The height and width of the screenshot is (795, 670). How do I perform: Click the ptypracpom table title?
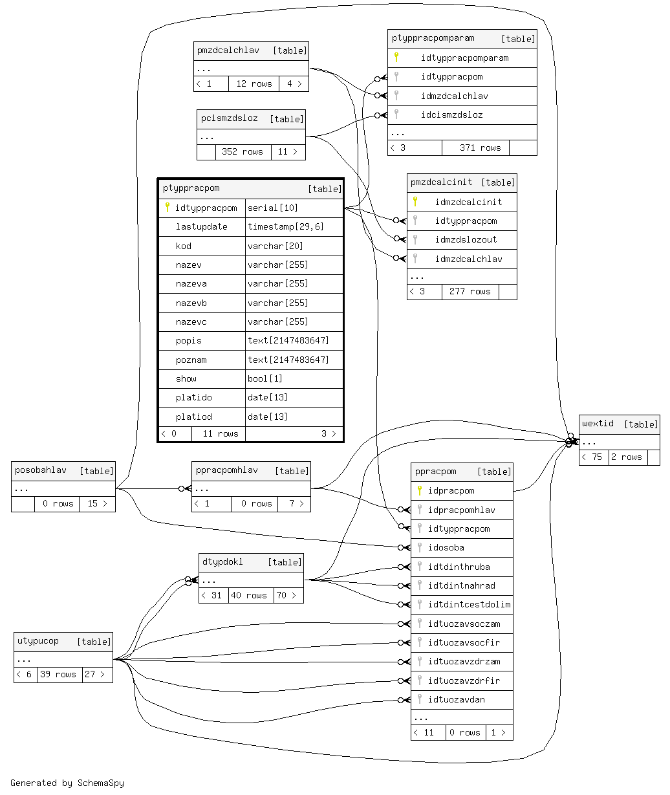click(191, 188)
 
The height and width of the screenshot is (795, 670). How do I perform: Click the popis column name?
click(189, 341)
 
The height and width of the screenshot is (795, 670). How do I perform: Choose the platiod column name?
click(194, 417)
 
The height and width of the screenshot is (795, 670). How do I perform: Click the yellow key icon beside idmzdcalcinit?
click(415, 202)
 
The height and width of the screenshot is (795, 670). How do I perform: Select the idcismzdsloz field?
click(451, 115)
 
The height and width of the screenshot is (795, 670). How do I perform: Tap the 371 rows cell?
click(480, 147)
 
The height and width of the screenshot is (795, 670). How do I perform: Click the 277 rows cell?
click(470, 292)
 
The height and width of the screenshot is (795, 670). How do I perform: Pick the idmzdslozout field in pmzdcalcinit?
click(466, 240)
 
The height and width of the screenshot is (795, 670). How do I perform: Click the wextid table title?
click(598, 424)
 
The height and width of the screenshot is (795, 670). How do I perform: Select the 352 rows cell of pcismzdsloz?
click(243, 152)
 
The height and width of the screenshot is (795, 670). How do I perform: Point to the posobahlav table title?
click(41, 470)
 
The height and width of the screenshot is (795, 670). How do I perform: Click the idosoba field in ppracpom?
click(446, 548)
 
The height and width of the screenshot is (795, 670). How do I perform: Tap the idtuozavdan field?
click(457, 700)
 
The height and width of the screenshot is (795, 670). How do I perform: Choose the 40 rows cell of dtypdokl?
click(249, 595)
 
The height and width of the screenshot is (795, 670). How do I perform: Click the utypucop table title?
click(38, 641)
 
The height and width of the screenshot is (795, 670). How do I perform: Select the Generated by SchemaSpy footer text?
click(67, 783)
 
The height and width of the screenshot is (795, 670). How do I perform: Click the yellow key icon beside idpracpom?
click(420, 491)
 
